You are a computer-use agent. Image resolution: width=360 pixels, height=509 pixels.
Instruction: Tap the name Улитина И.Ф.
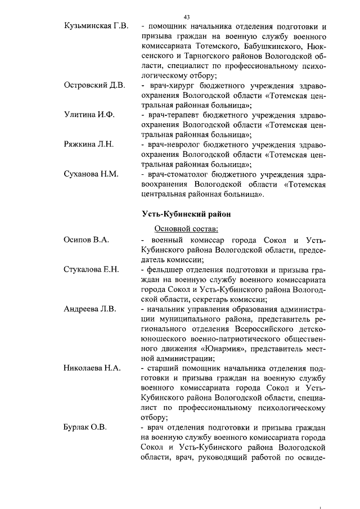[89, 115]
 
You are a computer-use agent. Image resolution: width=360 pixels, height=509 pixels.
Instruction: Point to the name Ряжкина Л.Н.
[89, 144]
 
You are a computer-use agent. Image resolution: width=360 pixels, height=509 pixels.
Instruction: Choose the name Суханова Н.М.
[92, 174]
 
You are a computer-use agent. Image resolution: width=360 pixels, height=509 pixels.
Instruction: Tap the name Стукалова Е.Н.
[92, 269]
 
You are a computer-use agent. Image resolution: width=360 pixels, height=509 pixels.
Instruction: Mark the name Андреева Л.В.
[91, 309]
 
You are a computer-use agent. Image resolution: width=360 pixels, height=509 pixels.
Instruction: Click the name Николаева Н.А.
[93, 368]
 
